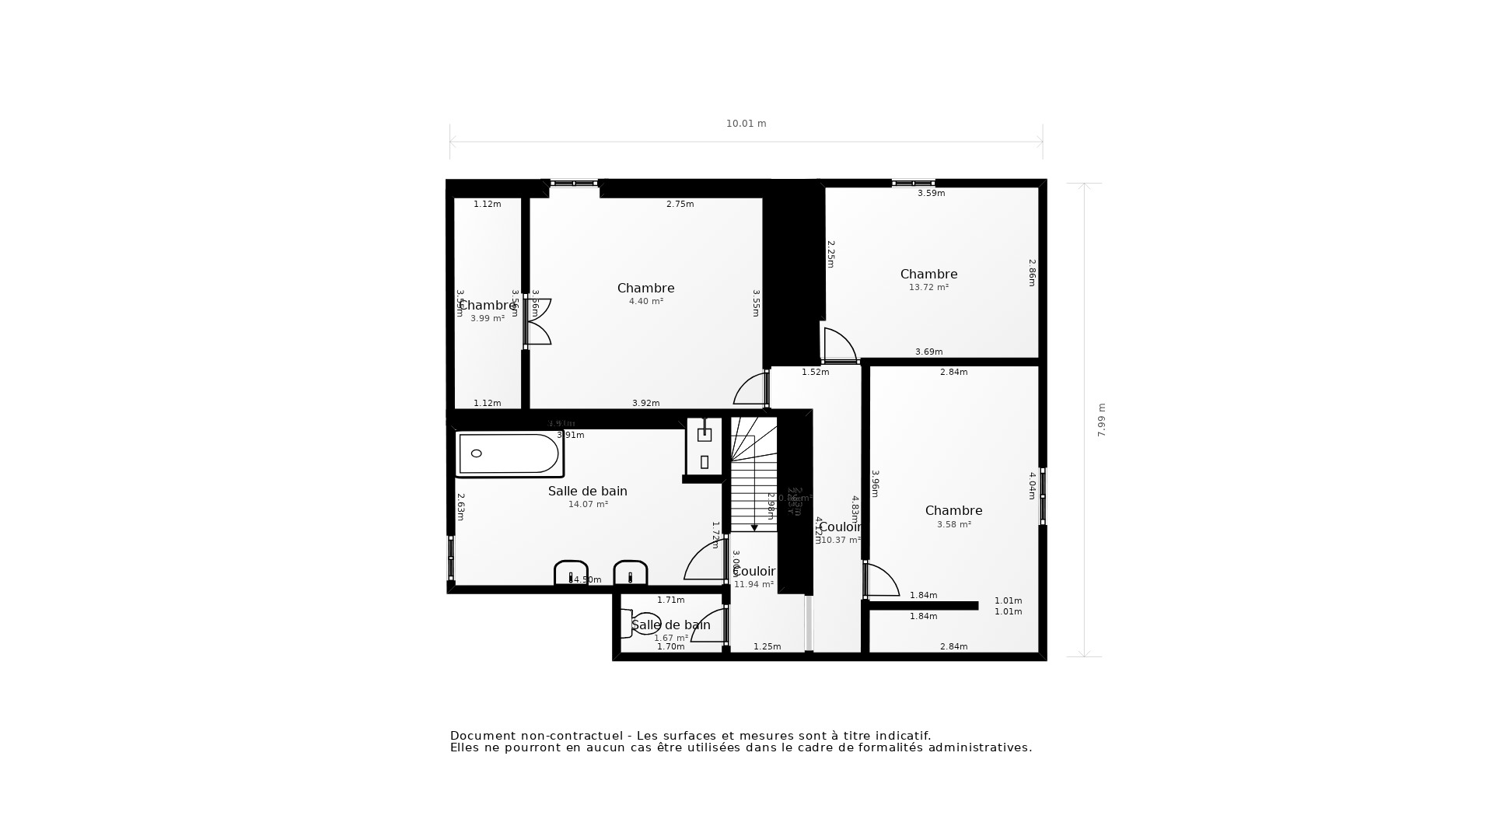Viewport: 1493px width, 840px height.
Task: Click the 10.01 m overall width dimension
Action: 746,124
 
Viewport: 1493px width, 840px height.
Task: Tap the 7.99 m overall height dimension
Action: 1101,420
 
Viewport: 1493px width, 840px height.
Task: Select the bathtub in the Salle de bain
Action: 509,453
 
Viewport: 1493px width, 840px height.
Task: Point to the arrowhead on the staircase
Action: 754,528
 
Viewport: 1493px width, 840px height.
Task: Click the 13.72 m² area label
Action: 928,287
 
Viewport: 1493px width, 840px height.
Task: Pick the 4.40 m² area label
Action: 645,301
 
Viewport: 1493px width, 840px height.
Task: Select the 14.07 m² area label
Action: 588,504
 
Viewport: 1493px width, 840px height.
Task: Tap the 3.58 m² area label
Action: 953,524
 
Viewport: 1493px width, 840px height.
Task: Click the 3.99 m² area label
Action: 488,318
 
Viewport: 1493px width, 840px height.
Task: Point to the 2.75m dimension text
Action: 680,204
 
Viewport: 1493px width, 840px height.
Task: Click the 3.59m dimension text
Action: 931,193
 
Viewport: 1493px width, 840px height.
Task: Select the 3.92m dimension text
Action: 645,403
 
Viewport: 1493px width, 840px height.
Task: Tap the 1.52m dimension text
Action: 815,372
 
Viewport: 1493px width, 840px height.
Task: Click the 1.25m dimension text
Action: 767,646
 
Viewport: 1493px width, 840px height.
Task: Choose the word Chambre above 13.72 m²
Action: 928,274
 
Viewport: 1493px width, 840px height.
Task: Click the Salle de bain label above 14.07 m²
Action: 587,491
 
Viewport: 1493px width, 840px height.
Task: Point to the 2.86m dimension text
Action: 1032,273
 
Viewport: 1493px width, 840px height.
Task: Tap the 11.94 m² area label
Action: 753,584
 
